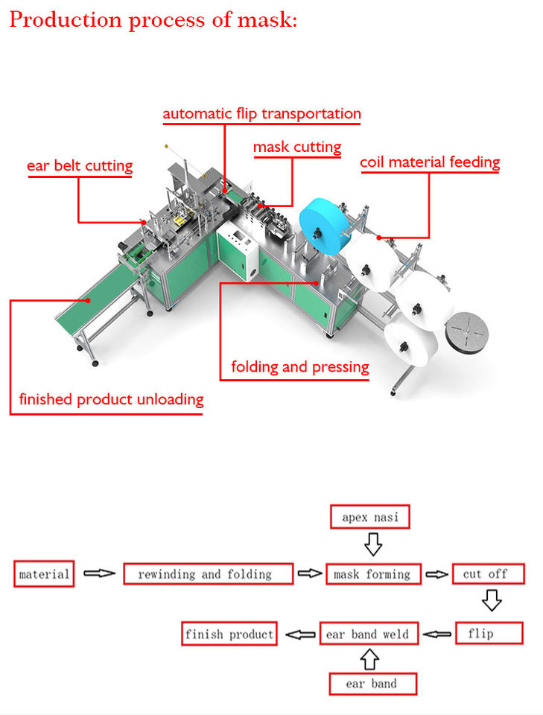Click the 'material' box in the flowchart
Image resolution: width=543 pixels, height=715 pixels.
click(44, 573)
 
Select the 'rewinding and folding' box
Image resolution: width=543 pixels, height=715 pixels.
click(208, 573)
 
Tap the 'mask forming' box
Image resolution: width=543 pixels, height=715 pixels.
click(373, 574)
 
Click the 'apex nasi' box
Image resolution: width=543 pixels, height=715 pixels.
click(369, 517)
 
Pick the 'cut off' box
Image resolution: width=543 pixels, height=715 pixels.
click(489, 573)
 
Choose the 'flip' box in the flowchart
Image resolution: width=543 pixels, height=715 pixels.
click(489, 633)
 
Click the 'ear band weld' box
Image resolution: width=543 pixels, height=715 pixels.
click(369, 633)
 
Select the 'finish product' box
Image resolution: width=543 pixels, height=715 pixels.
click(229, 633)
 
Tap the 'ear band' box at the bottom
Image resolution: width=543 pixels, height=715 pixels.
click(372, 684)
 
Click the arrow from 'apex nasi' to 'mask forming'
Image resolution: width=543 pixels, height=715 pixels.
click(373, 544)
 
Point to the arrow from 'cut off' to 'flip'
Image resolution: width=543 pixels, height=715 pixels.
click(492, 600)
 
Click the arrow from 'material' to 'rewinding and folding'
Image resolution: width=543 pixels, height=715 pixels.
click(99, 573)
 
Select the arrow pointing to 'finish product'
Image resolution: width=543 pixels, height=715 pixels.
click(300, 634)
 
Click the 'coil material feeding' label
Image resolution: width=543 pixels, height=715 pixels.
click(430, 162)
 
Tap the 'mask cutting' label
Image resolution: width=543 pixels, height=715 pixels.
click(297, 147)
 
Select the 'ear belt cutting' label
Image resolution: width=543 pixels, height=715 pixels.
click(80, 165)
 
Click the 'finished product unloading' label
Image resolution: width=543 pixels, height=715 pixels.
click(111, 399)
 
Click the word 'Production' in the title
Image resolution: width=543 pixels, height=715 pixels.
click(64, 20)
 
